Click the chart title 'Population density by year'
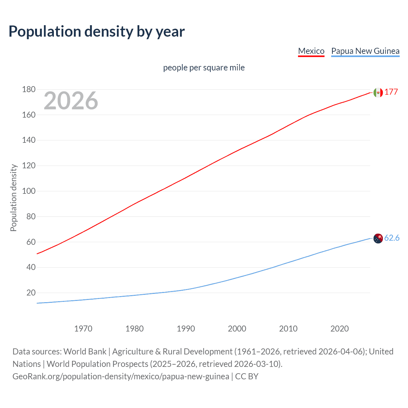click(x=97, y=32)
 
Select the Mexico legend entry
click(x=311, y=51)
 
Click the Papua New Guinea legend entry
click(x=365, y=51)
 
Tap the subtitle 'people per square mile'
click(x=204, y=68)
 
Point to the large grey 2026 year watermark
click(x=71, y=101)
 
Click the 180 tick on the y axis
click(x=29, y=90)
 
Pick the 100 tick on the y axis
click(x=29, y=191)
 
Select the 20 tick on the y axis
click(x=31, y=293)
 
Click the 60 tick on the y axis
click(x=31, y=242)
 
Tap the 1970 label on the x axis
click(x=83, y=329)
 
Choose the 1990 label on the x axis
click(x=186, y=329)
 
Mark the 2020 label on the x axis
click(x=339, y=329)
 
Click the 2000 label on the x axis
click(x=237, y=329)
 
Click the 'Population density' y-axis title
click(x=13, y=198)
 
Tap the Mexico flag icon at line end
click(x=378, y=92)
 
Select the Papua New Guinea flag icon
click(x=378, y=238)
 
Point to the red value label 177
click(x=391, y=92)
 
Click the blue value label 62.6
click(x=392, y=238)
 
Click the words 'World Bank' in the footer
click(x=85, y=352)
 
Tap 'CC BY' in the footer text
click(x=247, y=376)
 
